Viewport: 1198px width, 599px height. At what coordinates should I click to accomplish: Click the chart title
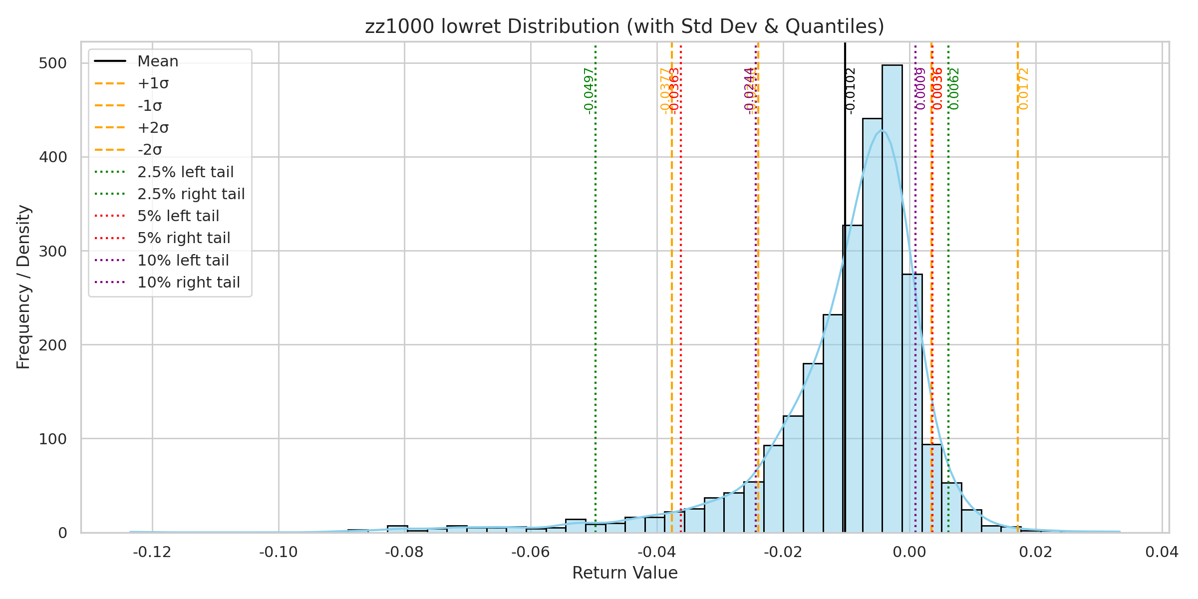point(624,26)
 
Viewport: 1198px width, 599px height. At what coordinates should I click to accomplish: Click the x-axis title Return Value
point(624,573)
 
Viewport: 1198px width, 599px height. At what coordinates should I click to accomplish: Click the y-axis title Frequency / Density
point(23,287)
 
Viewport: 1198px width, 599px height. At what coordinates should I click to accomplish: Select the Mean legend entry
point(158,61)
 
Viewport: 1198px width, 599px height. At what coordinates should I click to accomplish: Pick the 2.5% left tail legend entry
point(185,172)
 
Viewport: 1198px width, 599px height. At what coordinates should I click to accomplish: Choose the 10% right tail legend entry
point(188,283)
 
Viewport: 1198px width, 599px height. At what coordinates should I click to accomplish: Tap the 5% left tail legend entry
point(178,216)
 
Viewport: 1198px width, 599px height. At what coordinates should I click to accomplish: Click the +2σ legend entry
point(153,128)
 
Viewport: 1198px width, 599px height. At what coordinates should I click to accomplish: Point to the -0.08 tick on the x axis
point(404,552)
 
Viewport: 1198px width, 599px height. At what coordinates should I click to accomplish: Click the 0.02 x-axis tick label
point(1036,552)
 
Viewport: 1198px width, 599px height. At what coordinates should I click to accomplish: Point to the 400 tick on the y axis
point(52,157)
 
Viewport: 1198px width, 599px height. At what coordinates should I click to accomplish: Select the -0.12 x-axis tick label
point(152,552)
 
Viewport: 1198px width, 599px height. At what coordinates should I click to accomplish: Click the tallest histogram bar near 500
point(892,299)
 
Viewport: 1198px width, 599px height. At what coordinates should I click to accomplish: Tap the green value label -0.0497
point(589,91)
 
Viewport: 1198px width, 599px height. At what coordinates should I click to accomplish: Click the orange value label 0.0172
point(1024,89)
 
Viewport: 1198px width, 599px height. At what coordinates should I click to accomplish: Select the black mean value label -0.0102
point(851,91)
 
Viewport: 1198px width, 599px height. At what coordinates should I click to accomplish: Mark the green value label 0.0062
point(954,89)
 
